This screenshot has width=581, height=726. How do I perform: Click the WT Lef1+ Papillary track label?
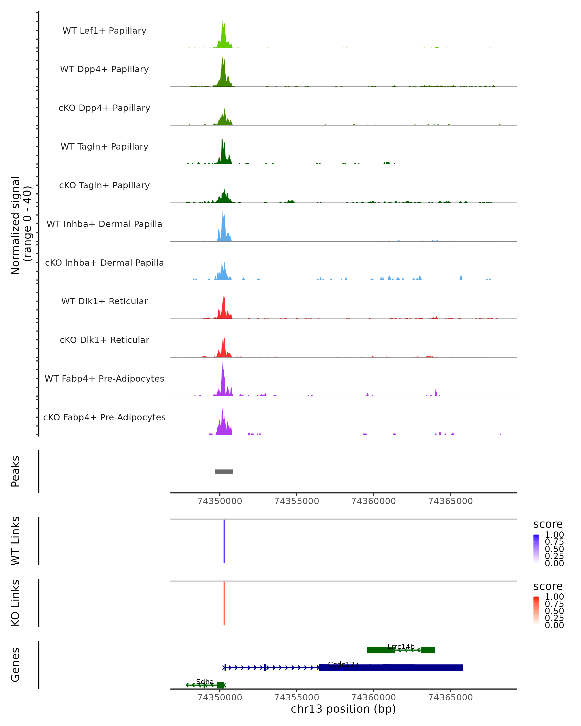pyautogui.click(x=104, y=31)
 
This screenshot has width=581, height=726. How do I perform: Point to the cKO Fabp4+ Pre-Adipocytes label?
pyautogui.click(x=104, y=417)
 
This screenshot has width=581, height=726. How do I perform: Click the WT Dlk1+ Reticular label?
pyautogui.click(x=104, y=301)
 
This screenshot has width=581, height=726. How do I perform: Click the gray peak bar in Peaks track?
pyautogui.click(x=224, y=471)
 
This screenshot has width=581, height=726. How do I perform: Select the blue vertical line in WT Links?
pyautogui.click(x=224, y=541)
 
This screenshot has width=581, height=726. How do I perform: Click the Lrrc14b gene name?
pyautogui.click(x=401, y=647)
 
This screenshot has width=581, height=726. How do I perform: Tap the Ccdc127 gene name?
pyautogui.click(x=343, y=664)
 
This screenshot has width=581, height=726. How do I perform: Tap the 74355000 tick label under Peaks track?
pyautogui.click(x=296, y=501)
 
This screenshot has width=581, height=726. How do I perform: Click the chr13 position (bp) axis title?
pyautogui.click(x=343, y=709)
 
